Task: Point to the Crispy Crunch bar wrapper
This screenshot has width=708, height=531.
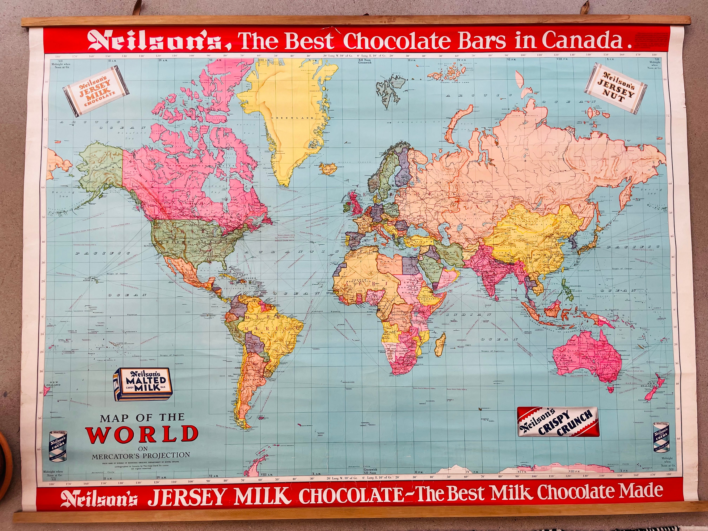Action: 558,421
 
